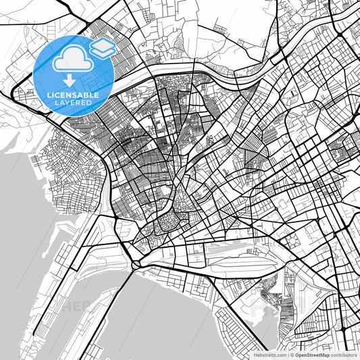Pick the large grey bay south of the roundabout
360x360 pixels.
pos(169,317)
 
